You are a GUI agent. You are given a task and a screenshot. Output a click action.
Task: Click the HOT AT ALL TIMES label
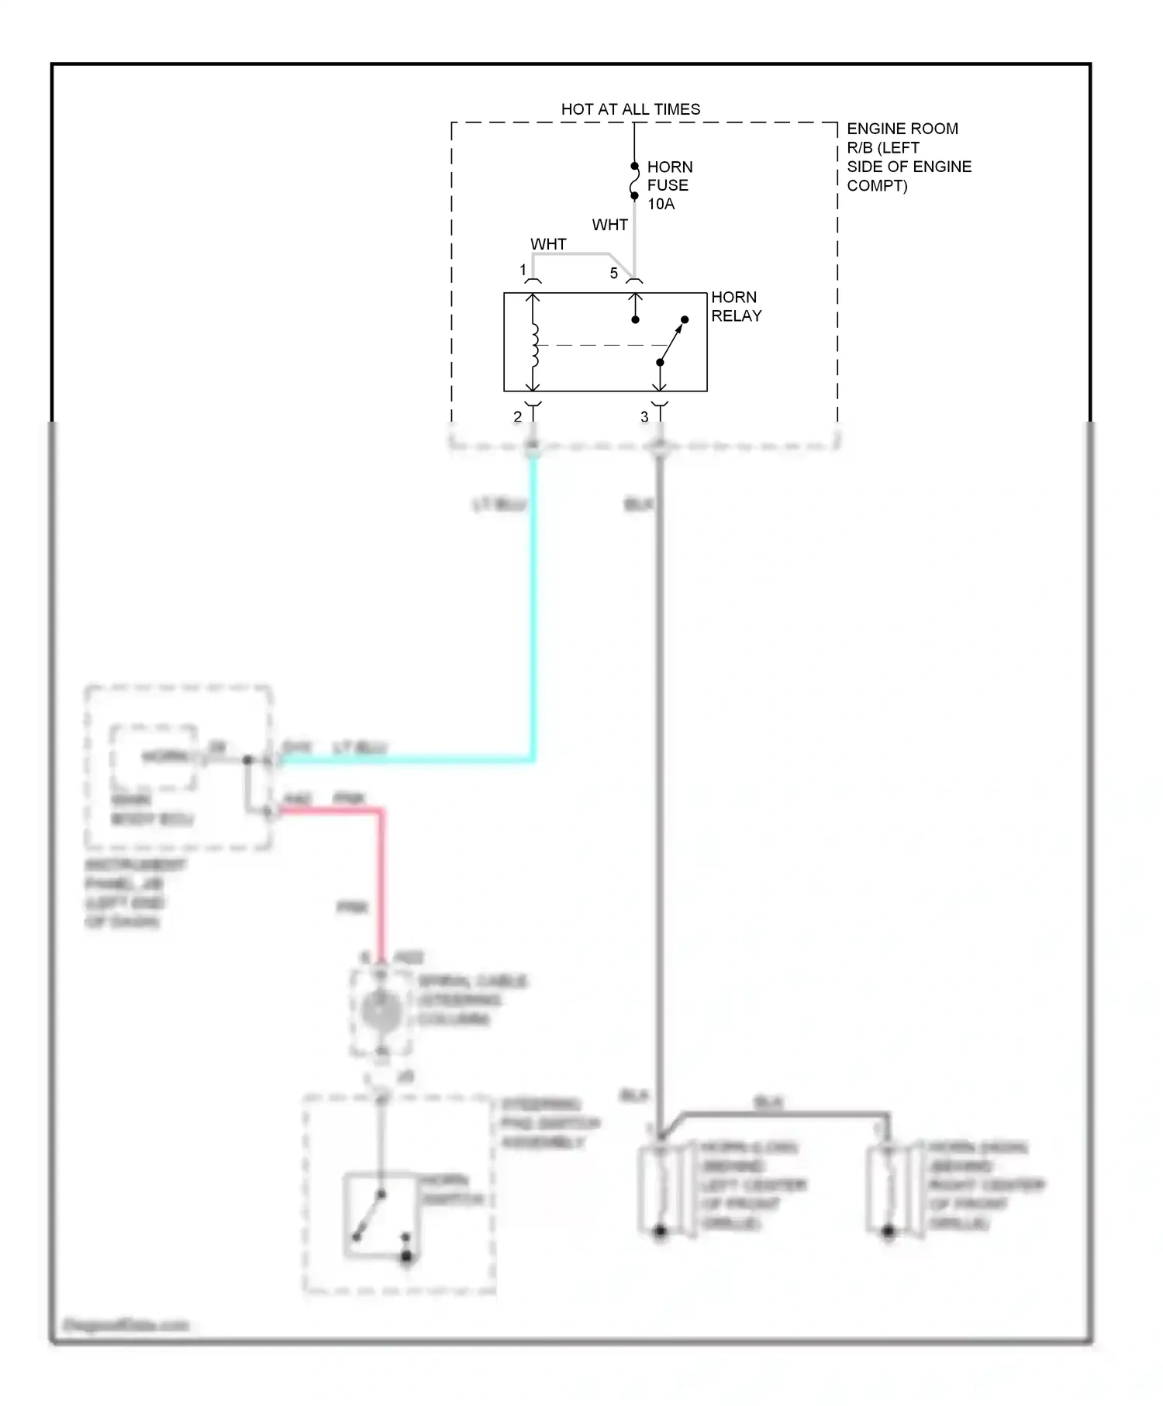pos(630,109)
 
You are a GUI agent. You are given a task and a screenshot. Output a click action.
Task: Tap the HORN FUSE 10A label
pos(669,185)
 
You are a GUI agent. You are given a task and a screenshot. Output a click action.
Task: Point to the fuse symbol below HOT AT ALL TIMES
pos(634,181)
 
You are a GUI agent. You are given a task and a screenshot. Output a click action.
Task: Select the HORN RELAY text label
pos(736,306)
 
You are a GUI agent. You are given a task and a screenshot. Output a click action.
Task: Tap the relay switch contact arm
pos(672,340)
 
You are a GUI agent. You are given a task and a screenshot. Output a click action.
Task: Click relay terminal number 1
pos(523,270)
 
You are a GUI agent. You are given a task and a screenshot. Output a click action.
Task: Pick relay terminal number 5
pos(613,273)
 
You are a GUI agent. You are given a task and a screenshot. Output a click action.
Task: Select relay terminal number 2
pos(517,416)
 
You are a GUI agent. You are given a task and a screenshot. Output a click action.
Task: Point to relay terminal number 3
pos(644,416)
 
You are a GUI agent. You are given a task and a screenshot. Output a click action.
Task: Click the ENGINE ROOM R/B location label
pos(908,157)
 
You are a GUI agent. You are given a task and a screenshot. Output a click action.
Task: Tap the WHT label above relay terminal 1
pos(548,244)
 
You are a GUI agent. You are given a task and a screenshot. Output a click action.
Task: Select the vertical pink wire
pos(381,884)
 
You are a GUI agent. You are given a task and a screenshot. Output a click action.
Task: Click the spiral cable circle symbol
pos(381,1011)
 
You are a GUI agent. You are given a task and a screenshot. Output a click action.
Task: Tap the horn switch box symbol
pos(380,1214)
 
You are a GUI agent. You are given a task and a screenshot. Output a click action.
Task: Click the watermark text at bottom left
pos(126,1325)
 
